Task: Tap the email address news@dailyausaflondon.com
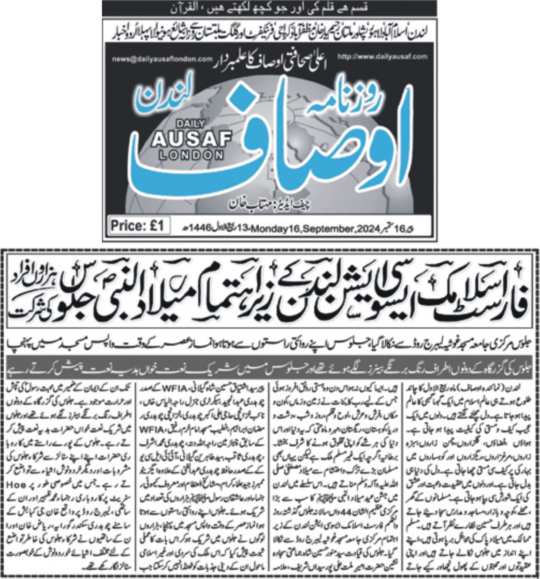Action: [162, 59]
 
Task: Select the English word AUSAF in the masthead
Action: [192, 139]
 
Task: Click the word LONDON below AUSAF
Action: [192, 155]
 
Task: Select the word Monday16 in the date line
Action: [276, 229]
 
